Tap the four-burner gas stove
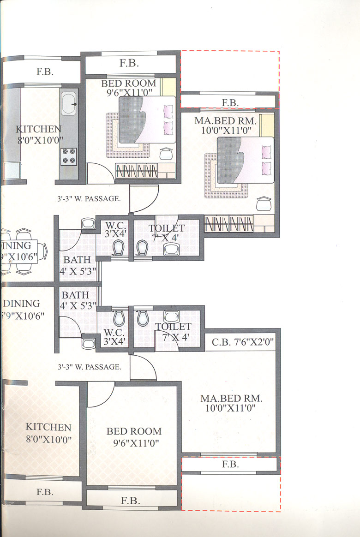pos(68,155)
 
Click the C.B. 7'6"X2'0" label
pos(243,343)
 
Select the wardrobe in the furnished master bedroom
pos(229,224)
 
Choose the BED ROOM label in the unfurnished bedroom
pos(134,431)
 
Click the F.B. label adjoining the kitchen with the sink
pos(45,72)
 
